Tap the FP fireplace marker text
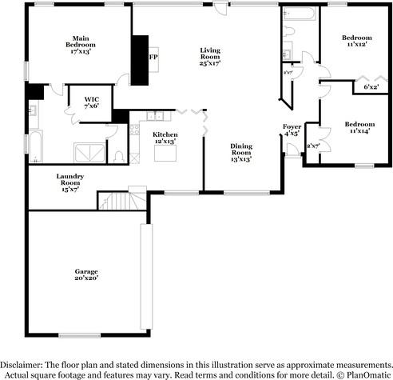click(153, 58)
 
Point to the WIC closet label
click(92, 102)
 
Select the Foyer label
click(292, 130)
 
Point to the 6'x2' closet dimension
click(371, 87)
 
